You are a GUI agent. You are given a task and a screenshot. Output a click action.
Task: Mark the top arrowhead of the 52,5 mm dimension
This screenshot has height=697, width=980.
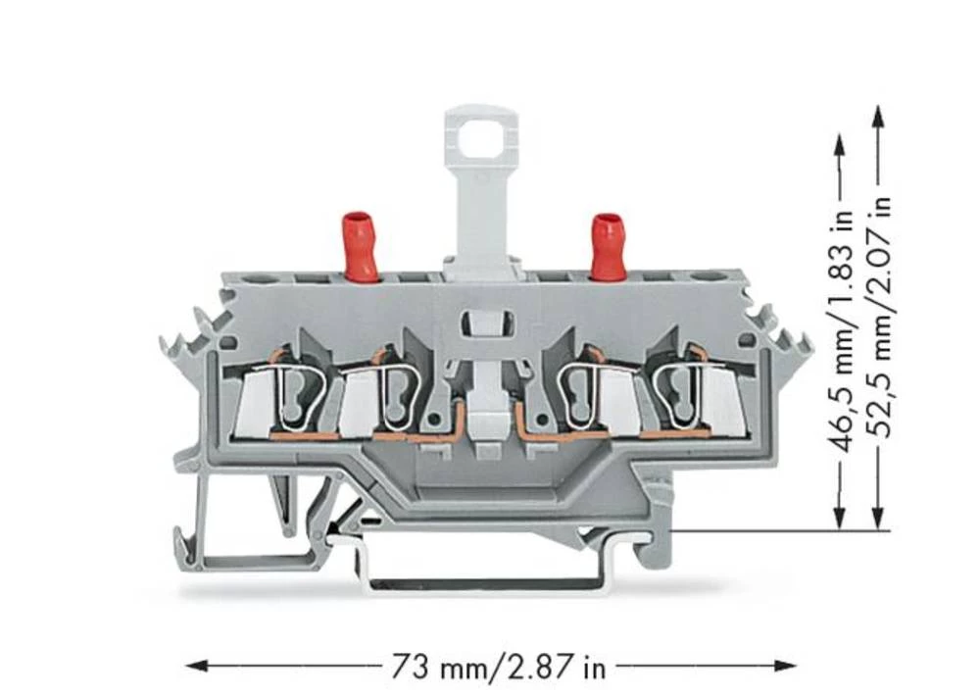878,116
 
